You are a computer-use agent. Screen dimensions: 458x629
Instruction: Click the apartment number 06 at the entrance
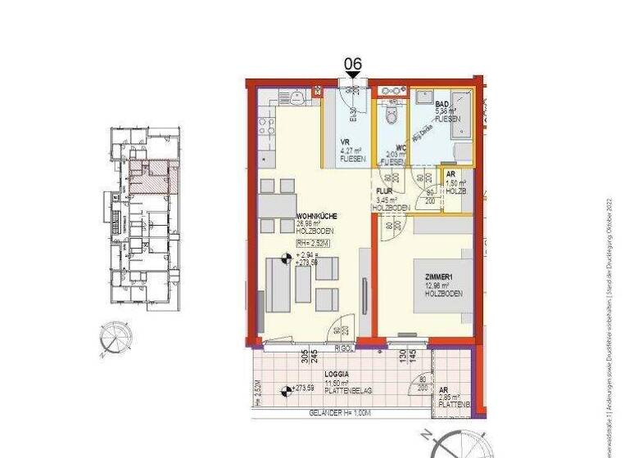pos(353,64)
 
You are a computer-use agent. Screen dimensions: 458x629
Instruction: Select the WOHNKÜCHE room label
pos(314,217)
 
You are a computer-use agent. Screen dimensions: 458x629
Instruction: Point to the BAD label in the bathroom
pos(441,105)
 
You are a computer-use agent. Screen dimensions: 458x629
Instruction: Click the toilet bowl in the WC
pos(391,115)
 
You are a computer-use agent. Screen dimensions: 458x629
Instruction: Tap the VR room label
pos(345,141)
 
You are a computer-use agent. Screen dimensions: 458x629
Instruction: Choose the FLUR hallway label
pos(385,191)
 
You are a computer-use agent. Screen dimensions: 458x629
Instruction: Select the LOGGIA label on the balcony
pos(326,373)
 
